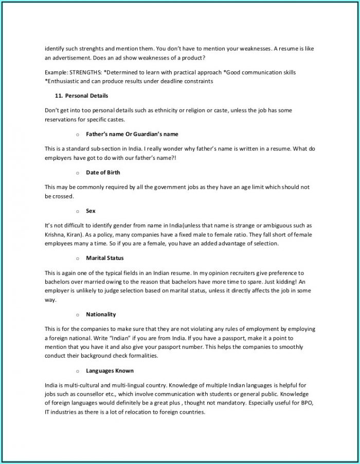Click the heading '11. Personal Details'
pyautogui.click(x=81, y=96)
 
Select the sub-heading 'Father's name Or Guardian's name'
pyautogui.click(x=132, y=134)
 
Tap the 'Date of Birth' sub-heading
pyautogui.click(x=103, y=173)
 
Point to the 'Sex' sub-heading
pyautogui.click(x=91, y=211)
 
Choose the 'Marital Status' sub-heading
pyautogui.click(x=105, y=258)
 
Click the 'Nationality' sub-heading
pyautogui.click(x=101, y=314)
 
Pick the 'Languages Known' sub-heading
pyautogui.click(x=110, y=371)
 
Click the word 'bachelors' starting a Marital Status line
pyautogui.click(x=57, y=282)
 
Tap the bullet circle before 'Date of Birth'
pyautogui.click(x=77, y=173)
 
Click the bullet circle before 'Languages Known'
pyautogui.click(x=77, y=372)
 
